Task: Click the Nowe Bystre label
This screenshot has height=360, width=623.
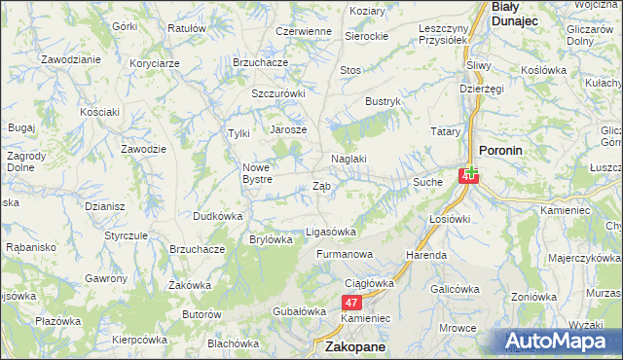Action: [263, 173]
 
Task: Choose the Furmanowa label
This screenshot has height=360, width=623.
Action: [345, 255]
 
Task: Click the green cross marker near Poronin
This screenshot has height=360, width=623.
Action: [470, 170]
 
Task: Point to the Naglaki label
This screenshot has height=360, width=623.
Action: [348, 159]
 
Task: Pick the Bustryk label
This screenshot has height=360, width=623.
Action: [383, 101]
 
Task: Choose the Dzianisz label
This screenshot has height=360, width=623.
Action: [103, 205]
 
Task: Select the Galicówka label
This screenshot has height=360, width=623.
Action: [456, 289]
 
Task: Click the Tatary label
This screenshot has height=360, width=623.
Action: [445, 130]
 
